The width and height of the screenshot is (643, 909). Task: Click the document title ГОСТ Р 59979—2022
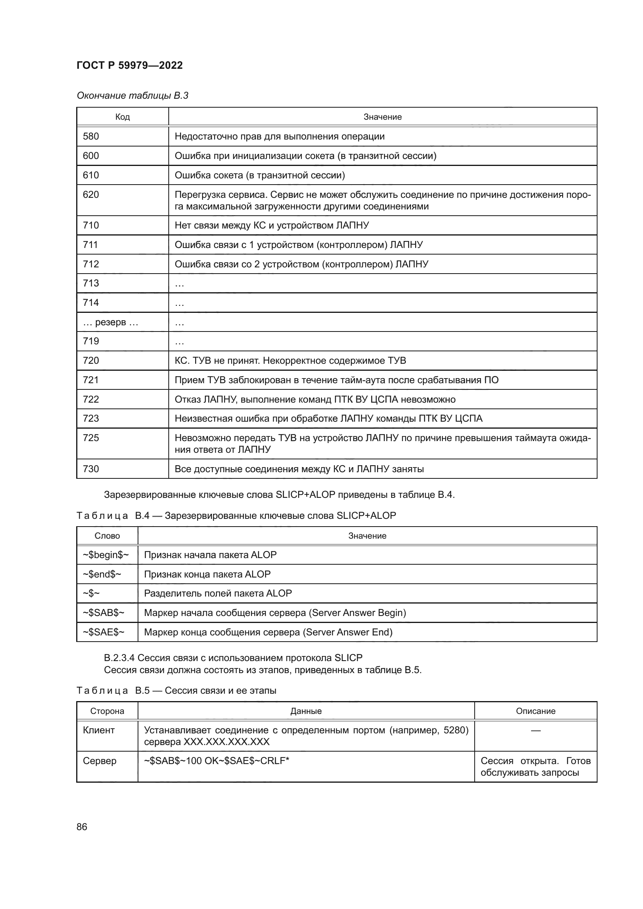(x=129, y=65)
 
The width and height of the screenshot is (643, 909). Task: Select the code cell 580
(x=91, y=136)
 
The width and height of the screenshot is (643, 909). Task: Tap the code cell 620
(x=91, y=195)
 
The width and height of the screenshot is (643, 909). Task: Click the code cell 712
(x=91, y=264)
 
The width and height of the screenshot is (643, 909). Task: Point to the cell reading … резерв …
(x=110, y=322)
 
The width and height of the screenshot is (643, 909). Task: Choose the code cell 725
(x=91, y=438)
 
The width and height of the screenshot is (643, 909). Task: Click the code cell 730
(x=91, y=469)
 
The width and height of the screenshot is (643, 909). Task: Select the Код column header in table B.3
(x=122, y=117)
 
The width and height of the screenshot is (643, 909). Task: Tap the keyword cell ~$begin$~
(x=106, y=555)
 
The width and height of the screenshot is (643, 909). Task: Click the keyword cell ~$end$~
(x=102, y=574)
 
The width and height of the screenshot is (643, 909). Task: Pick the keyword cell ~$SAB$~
(x=103, y=613)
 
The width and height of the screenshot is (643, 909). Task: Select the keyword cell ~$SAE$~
(x=103, y=632)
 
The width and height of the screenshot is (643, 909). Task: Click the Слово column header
(x=107, y=536)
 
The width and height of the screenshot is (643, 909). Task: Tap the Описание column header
(x=535, y=711)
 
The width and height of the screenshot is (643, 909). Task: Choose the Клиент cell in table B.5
(x=99, y=731)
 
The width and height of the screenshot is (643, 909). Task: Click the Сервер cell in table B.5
(x=100, y=761)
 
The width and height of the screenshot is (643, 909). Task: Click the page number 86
(x=82, y=827)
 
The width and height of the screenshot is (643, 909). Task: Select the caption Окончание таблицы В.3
(x=132, y=96)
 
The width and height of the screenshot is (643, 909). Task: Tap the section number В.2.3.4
(x=119, y=658)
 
